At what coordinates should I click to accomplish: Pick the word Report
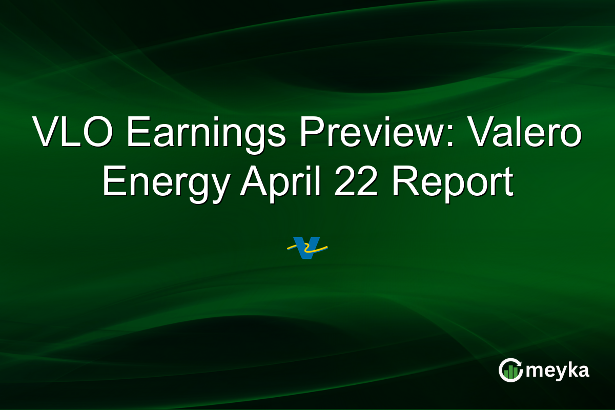coord(453,183)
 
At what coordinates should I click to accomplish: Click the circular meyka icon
coord(510,371)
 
